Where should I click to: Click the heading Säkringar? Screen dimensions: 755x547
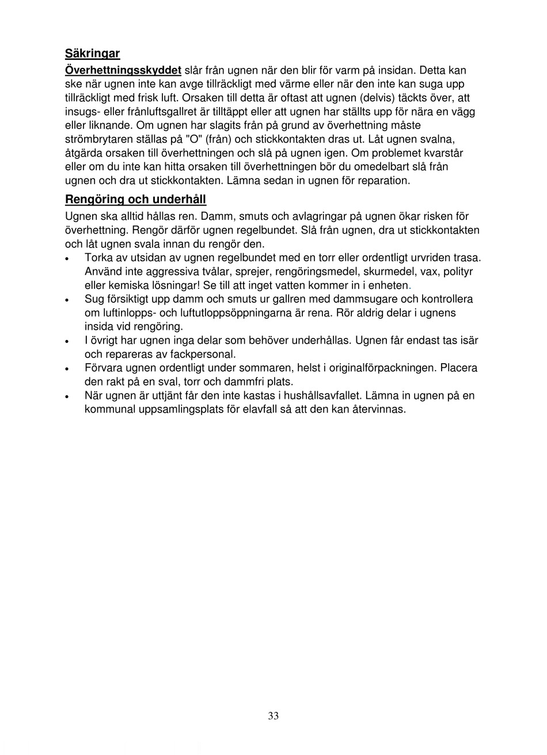92,54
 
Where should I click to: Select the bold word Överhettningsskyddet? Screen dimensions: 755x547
123,70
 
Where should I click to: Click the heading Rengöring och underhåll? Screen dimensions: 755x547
135,200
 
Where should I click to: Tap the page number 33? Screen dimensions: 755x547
273,716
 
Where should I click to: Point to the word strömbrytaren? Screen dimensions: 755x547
97,139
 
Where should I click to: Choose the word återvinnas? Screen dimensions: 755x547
379,410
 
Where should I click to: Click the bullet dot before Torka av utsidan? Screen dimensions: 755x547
68,258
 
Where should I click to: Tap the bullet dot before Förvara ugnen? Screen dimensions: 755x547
68,369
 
